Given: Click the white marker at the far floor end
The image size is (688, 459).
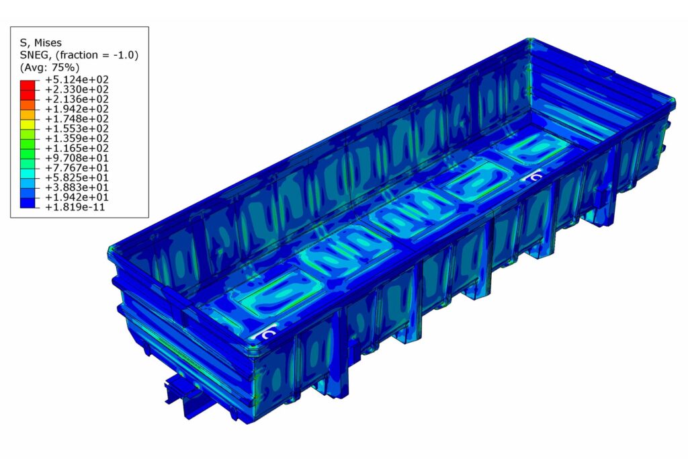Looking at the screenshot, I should (535, 177).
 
